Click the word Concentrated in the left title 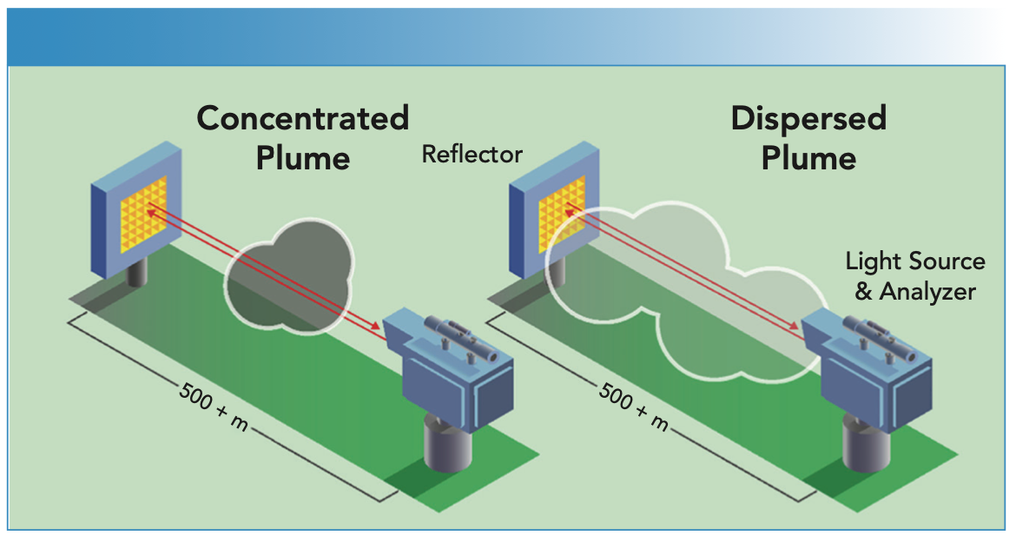(x=302, y=118)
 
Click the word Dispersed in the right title (x=808, y=118)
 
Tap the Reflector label (x=472, y=155)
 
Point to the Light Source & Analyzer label (x=915, y=276)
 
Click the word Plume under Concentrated (x=302, y=158)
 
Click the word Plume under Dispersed (x=808, y=158)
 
